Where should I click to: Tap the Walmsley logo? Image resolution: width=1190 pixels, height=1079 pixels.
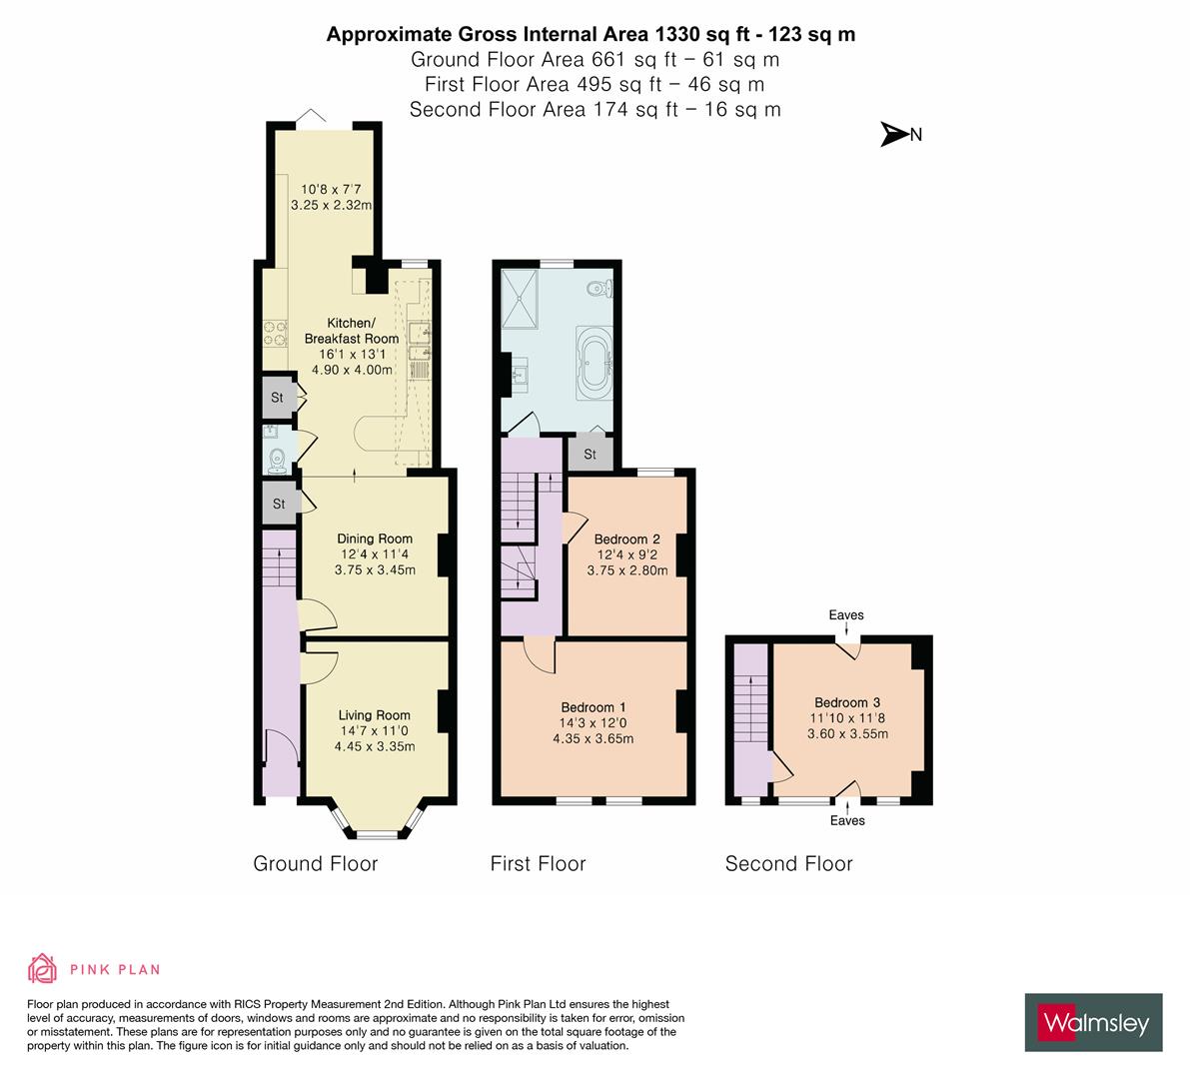coord(1094,1022)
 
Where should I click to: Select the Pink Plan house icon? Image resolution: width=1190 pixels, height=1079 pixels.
coord(43,968)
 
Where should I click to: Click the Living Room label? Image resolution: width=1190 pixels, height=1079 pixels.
coord(374,715)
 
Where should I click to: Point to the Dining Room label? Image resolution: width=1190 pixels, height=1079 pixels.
coord(374,539)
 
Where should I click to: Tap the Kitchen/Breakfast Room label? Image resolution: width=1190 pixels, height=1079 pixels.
coord(352,331)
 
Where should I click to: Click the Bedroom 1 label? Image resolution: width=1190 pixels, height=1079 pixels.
coord(594,708)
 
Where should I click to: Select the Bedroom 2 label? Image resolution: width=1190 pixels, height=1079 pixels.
coord(627,539)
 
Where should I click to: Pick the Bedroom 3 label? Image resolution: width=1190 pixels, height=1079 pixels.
coord(846,702)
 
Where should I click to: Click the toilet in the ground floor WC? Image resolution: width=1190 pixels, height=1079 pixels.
coord(277,460)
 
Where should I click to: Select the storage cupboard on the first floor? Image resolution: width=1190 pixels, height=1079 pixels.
coord(590,455)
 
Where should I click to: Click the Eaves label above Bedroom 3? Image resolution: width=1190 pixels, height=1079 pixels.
coord(845,615)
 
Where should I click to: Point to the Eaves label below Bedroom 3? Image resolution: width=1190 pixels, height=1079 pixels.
coord(847,820)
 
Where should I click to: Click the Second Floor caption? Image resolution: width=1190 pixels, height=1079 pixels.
coord(788,864)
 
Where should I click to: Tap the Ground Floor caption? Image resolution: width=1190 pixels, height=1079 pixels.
coord(315,864)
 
